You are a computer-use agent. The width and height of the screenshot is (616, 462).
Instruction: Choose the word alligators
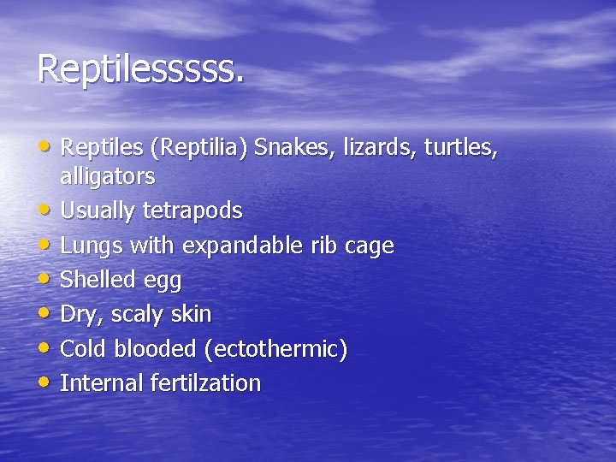point(108,177)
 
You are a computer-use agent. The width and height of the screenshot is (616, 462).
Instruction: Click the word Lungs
point(92,246)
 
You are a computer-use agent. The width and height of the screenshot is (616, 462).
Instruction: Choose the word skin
point(192,314)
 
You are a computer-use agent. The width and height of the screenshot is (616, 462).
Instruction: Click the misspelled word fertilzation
point(205,382)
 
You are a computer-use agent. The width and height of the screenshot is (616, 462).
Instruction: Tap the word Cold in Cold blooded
point(82,349)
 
